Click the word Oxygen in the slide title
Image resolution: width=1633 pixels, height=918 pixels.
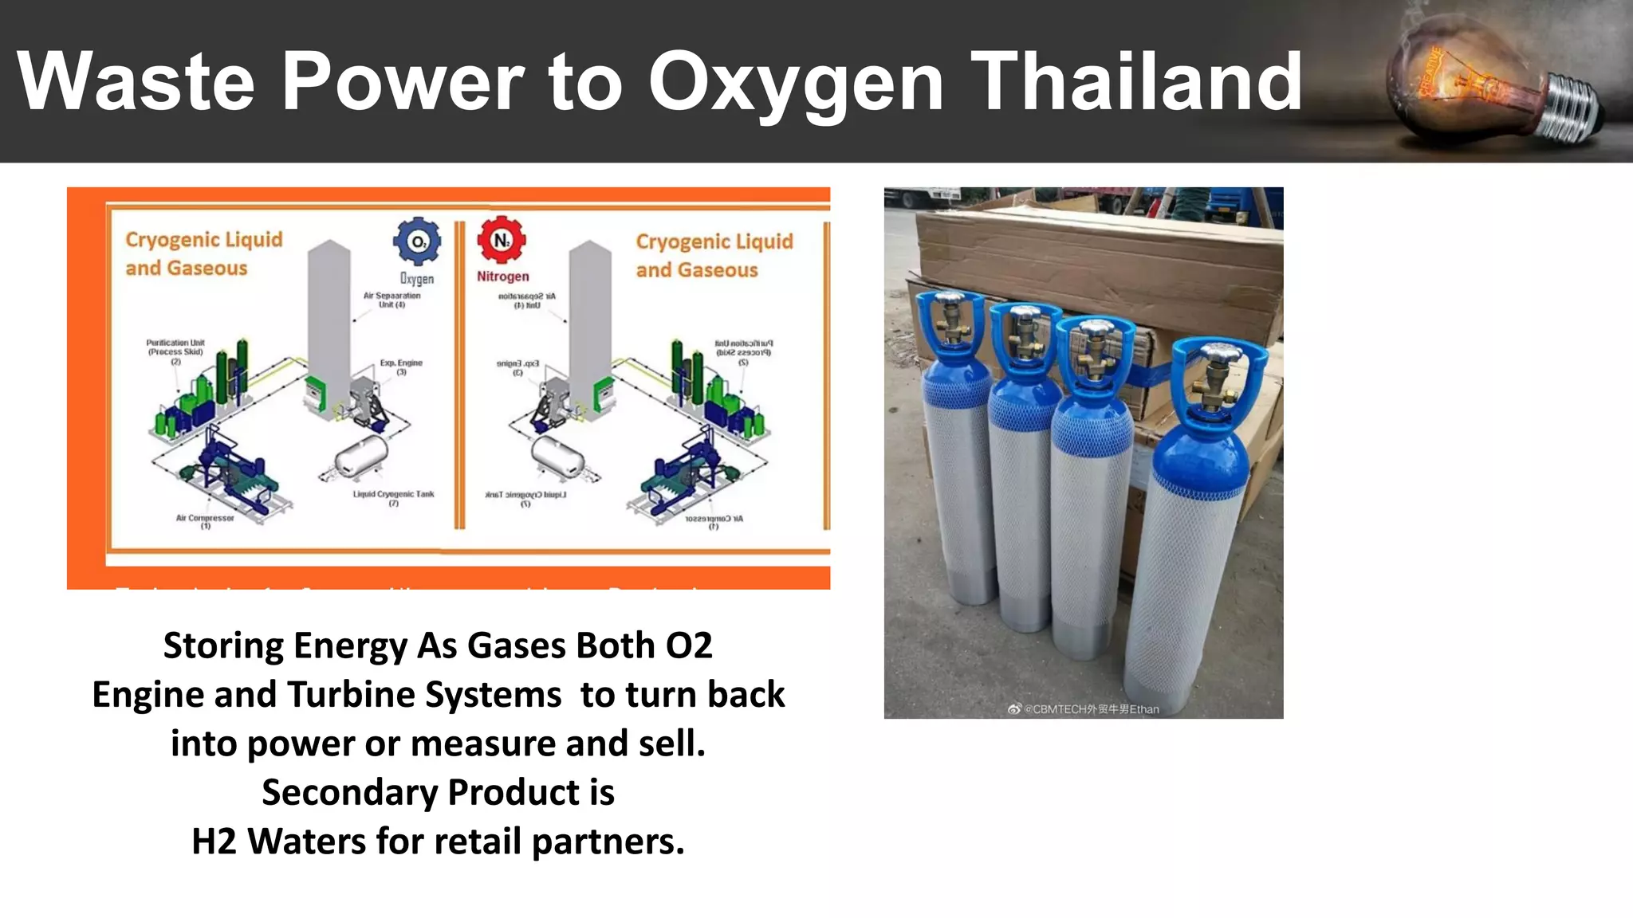[796, 82]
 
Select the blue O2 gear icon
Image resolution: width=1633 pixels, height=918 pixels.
[417, 241]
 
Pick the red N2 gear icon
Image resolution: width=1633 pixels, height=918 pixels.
[502, 239]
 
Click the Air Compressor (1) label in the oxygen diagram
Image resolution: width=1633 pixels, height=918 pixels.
[205, 521]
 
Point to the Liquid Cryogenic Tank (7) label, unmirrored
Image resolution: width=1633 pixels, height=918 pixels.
[394, 498]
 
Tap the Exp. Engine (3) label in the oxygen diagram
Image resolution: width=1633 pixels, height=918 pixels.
[401, 367]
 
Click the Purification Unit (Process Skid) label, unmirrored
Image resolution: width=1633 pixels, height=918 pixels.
[175, 351]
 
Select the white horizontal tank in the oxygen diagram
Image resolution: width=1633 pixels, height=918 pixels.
[361, 456]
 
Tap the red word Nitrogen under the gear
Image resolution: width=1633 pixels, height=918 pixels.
[502, 277]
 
